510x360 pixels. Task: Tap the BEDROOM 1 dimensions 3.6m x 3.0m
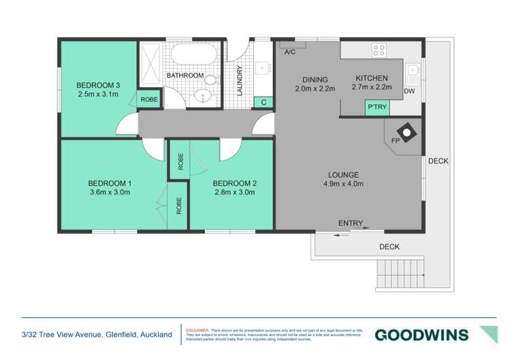click(x=109, y=193)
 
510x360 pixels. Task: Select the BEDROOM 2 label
click(x=234, y=183)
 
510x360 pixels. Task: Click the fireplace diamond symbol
click(x=406, y=133)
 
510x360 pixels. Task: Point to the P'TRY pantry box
click(x=377, y=108)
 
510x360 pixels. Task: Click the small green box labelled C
click(x=264, y=102)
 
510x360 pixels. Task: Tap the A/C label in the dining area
click(x=289, y=52)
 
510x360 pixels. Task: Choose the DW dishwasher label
click(x=409, y=91)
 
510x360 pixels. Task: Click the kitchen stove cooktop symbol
click(x=379, y=50)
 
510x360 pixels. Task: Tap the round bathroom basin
click(x=202, y=95)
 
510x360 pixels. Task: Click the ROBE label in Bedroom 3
click(x=148, y=99)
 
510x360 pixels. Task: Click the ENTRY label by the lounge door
click(x=351, y=223)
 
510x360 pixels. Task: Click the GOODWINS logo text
click(x=421, y=335)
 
